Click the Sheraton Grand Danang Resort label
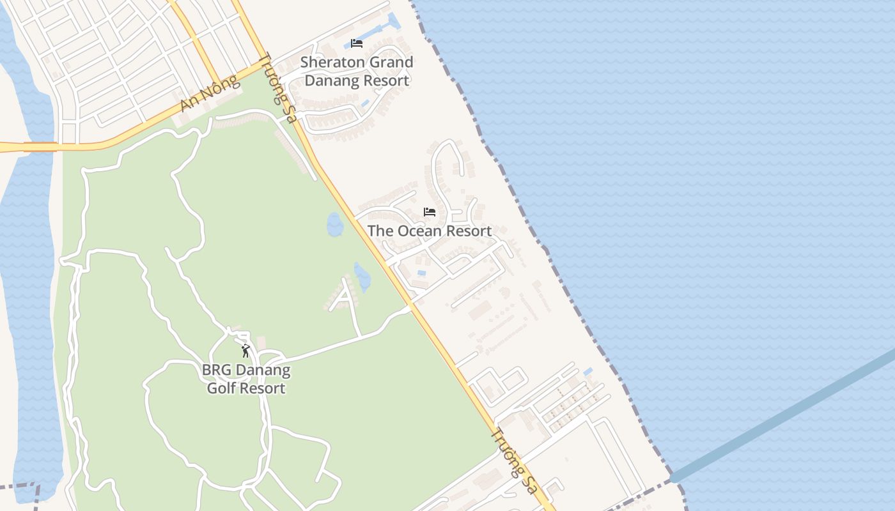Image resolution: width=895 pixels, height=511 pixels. [357, 72]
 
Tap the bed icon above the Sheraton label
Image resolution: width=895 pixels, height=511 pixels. [357, 43]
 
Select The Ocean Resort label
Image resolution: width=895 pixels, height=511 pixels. [430, 231]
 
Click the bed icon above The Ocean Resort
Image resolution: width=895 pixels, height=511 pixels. [430, 212]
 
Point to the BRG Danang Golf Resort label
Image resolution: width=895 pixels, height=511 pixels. [246, 379]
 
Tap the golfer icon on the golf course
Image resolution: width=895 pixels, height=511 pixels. [245, 351]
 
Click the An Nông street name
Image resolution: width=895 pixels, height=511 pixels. [210, 93]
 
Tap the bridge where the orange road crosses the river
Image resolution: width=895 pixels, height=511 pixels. [40, 147]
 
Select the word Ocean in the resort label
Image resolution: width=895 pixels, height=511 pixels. [420, 231]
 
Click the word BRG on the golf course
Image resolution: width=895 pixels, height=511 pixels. [216, 370]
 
